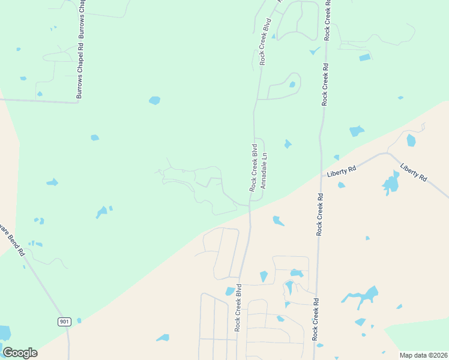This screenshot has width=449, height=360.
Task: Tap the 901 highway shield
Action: tap(65, 322)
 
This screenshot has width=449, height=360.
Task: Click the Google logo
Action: tap(20, 353)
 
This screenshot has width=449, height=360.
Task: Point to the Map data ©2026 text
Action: tap(423, 355)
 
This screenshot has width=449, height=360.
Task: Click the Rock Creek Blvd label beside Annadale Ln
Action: tap(254, 167)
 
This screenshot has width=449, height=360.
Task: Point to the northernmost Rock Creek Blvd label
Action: tap(265, 41)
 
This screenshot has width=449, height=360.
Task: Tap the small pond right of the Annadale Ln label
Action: tap(288, 144)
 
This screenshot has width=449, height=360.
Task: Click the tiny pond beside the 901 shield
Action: tap(79, 320)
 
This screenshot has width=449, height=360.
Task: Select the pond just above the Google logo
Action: tap(4, 332)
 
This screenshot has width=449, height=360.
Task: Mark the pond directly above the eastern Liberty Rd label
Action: tap(411, 140)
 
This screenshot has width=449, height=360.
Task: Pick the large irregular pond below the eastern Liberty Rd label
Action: tap(391, 183)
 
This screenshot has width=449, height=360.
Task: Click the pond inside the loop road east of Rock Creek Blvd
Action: tap(292, 85)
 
